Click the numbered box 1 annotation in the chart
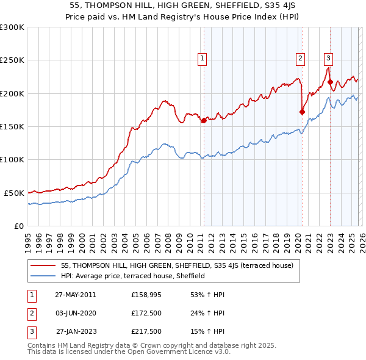202,59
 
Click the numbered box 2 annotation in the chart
301,59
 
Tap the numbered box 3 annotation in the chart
328,59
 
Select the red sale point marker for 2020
301,112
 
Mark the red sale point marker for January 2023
330,82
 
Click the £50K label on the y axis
14,193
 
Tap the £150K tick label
12,127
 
